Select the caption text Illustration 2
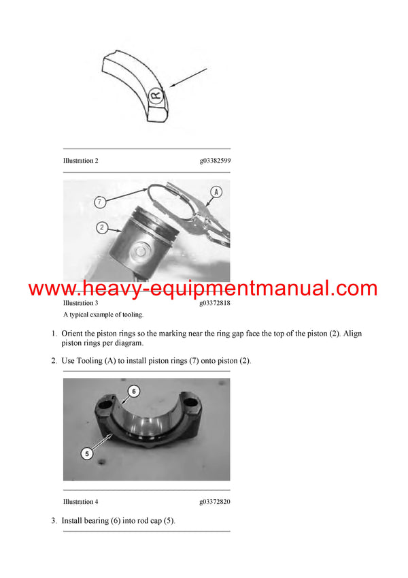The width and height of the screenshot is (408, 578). click(x=80, y=161)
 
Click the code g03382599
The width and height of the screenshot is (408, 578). click(x=215, y=161)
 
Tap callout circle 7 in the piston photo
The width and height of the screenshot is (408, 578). click(x=101, y=202)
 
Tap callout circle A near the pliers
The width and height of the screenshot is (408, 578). click(x=216, y=192)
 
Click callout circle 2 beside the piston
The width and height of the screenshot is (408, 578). click(x=101, y=228)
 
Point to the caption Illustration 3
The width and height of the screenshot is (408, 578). click(x=80, y=303)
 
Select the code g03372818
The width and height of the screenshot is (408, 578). click(x=215, y=303)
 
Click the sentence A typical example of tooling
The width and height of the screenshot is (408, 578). click(x=103, y=315)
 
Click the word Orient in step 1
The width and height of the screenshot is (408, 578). click(x=73, y=334)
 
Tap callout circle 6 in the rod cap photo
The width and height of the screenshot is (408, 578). click(x=134, y=391)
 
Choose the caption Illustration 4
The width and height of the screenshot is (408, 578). click(x=80, y=502)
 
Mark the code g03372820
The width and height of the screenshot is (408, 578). click(x=215, y=502)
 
